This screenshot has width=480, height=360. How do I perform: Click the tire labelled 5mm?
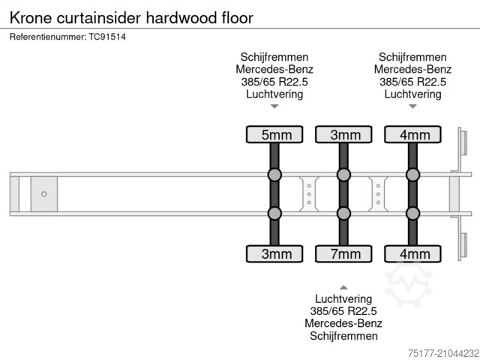(274, 135)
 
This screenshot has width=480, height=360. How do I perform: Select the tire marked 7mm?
(343, 253)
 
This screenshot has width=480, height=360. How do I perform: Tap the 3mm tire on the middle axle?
(343, 135)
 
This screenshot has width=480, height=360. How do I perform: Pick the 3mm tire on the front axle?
(274, 253)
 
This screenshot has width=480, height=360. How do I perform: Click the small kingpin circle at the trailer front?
(44, 194)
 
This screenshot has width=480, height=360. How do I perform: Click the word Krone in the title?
(29, 16)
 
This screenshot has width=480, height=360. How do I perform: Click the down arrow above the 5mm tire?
(274, 107)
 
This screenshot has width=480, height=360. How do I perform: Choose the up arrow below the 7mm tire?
(343, 287)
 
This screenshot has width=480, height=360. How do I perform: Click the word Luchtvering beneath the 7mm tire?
(343, 298)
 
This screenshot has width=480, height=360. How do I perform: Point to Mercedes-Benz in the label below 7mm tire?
(343, 324)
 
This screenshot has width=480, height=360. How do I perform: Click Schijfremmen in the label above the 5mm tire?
(274, 57)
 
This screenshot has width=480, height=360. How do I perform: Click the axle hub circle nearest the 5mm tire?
(274, 175)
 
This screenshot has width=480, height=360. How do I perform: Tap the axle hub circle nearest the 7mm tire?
(343, 214)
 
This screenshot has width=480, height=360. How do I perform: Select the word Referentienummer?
(46, 36)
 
